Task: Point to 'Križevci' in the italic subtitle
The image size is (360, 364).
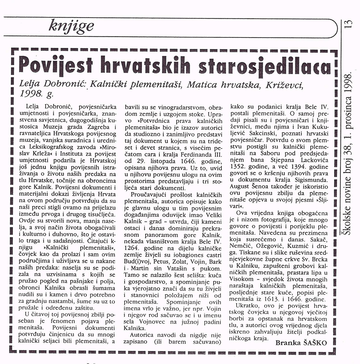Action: click(x=282, y=85)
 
